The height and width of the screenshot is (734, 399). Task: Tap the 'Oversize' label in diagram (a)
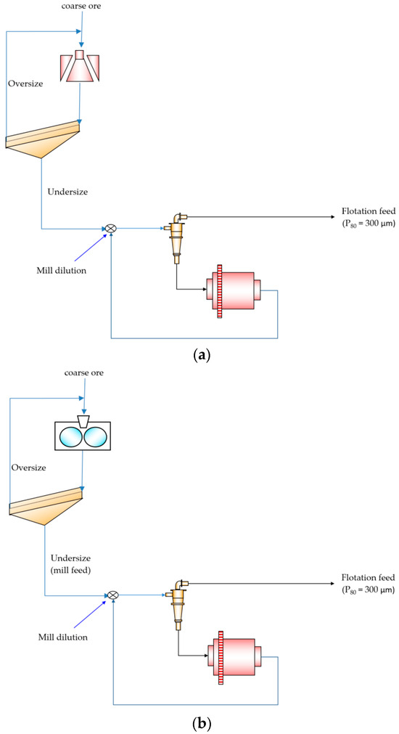[25, 83]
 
